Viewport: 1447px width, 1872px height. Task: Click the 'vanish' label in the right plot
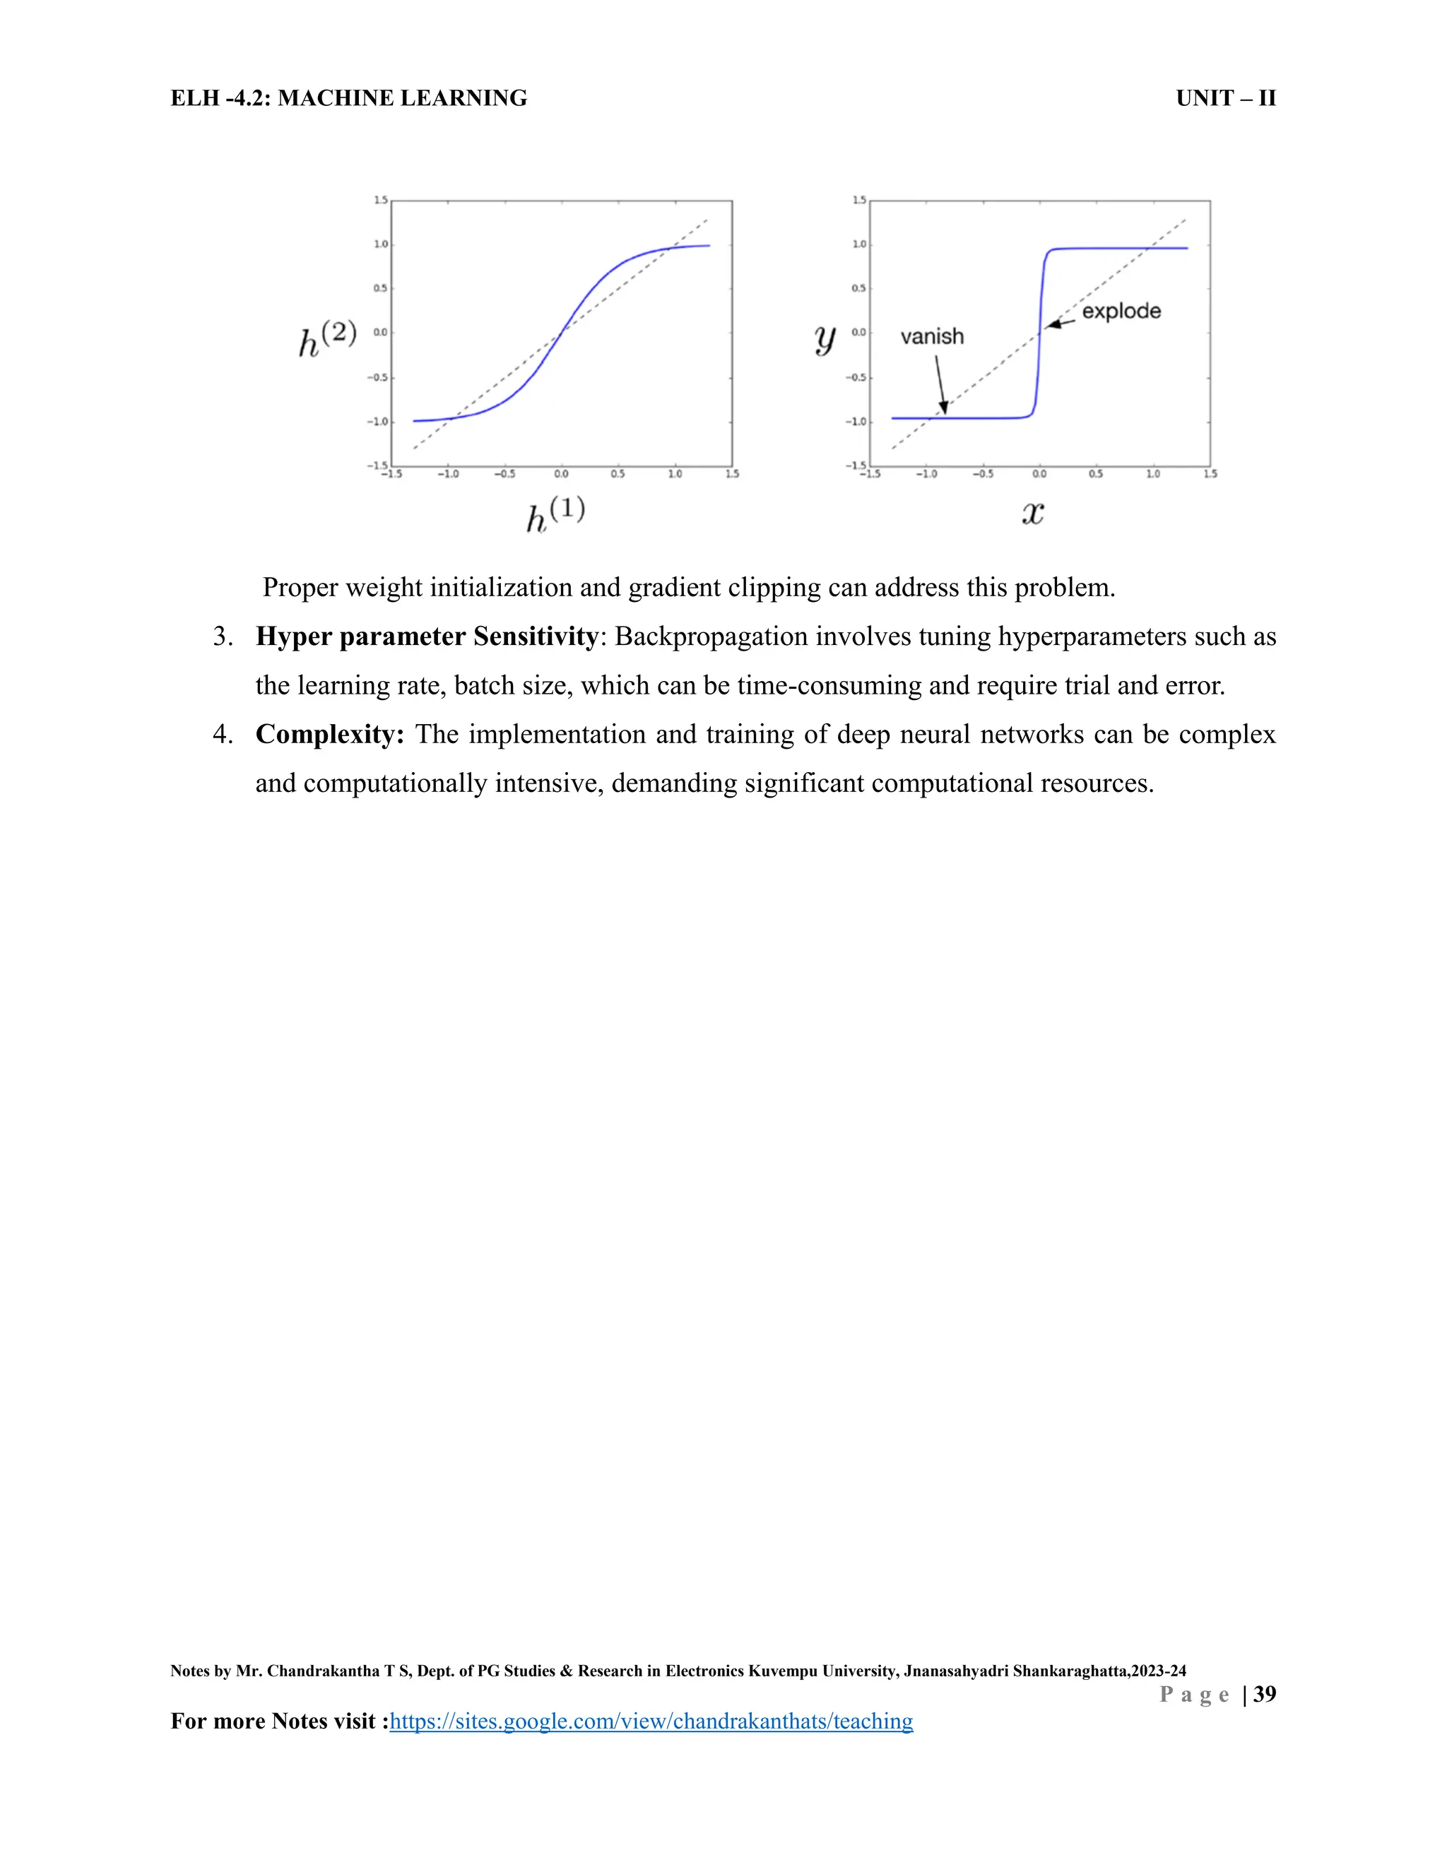[932, 337]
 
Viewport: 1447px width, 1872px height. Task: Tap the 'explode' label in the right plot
[1121, 311]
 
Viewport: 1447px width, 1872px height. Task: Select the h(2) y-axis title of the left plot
[326, 338]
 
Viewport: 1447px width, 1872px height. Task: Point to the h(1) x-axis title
[555, 514]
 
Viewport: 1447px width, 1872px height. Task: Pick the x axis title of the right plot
[1033, 514]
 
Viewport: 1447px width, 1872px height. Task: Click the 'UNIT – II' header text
[1226, 99]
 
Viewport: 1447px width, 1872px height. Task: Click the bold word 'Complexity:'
[330, 735]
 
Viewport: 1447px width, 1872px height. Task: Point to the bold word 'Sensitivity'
[536, 637]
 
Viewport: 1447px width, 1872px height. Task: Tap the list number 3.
[222, 637]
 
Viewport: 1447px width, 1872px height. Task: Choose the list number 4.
[222, 735]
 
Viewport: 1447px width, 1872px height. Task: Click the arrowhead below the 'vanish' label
[944, 409]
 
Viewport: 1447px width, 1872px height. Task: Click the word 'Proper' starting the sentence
[300, 588]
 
